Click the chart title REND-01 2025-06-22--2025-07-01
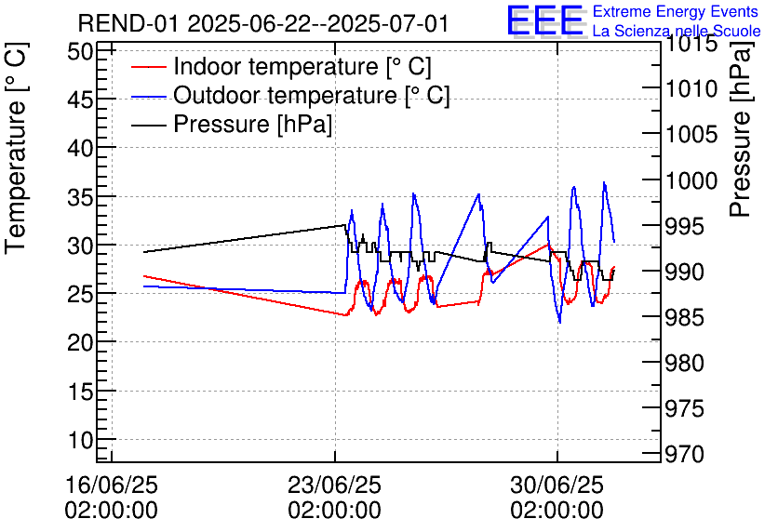tap(262, 23)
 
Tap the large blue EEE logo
tap(544, 20)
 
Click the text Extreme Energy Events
tap(677, 11)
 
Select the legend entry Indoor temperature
tap(302, 67)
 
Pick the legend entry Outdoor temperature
tap(312, 96)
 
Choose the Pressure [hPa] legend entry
tap(253, 125)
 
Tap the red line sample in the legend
tap(148, 67)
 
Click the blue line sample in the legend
tap(148, 96)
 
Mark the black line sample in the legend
tap(148, 125)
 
